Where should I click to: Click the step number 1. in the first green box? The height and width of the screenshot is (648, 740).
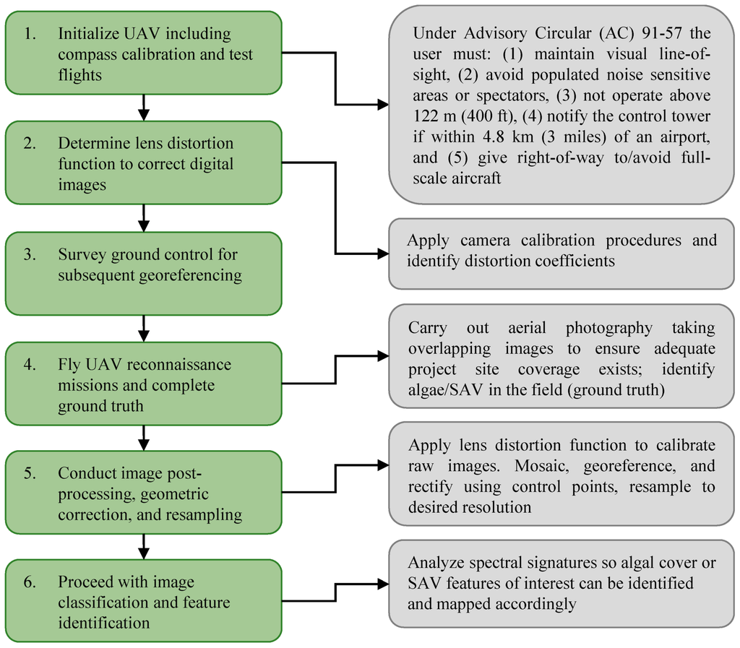point(30,34)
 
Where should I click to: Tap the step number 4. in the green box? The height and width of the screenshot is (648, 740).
point(30,365)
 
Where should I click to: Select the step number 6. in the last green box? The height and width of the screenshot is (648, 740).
point(30,582)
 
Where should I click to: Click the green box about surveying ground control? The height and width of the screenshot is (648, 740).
point(143,273)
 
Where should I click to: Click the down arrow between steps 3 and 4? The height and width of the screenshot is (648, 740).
point(143,329)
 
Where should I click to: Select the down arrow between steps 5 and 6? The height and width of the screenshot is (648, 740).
point(143,547)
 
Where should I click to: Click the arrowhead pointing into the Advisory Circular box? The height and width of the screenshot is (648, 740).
point(383,105)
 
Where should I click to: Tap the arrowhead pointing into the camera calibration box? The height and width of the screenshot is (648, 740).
point(383,254)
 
